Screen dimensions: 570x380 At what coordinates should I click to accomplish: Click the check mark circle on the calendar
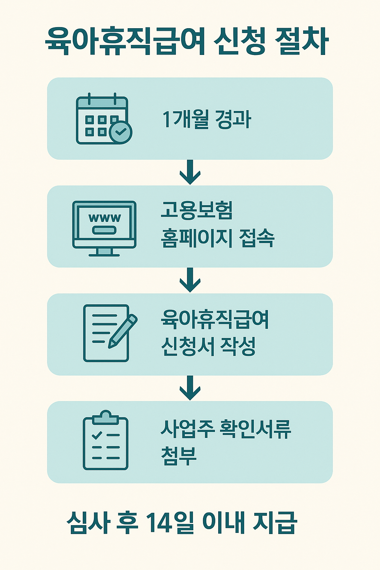121,131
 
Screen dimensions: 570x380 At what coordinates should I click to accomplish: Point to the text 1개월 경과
207,119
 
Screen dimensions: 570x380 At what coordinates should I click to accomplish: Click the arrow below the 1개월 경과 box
190,172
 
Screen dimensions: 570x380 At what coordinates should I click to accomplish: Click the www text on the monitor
105,217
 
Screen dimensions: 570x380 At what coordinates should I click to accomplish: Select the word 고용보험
197,210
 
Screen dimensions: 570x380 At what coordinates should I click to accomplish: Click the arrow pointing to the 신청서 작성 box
190,280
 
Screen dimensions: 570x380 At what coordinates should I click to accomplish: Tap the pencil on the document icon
123,331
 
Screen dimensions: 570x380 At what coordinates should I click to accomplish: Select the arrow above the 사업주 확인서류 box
190,388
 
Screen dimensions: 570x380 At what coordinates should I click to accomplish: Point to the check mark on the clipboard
97,435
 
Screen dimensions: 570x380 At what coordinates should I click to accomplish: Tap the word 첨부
178,456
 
